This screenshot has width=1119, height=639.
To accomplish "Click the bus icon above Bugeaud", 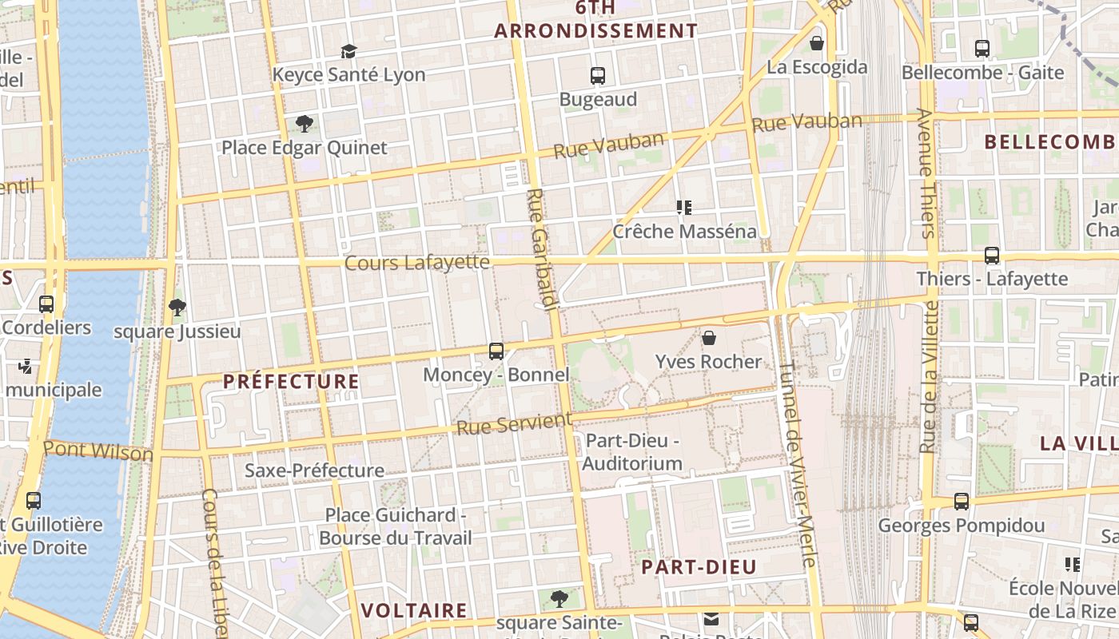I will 597,76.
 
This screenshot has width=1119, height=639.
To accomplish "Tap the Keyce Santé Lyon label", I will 348,75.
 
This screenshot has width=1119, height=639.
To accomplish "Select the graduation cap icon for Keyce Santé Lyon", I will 348,52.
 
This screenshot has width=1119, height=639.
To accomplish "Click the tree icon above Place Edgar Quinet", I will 304,123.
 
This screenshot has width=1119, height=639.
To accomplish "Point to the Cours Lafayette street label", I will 416,262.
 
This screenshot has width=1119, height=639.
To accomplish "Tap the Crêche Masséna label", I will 684,232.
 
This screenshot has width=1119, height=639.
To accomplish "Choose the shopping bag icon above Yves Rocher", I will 708,338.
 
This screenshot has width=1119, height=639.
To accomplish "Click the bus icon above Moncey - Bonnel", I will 496,351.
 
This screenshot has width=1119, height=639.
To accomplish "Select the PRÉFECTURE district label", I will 291,382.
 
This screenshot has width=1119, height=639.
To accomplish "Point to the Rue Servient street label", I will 515,423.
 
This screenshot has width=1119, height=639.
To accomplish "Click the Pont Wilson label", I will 98,450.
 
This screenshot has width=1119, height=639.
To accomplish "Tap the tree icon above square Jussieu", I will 177,307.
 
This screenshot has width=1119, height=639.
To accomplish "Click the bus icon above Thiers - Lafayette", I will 992,256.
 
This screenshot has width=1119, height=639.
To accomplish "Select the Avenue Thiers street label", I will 926,173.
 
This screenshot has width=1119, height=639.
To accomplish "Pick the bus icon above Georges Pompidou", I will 962,502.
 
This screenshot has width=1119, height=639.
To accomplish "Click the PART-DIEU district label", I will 699,567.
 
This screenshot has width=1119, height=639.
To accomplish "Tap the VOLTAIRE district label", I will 414,611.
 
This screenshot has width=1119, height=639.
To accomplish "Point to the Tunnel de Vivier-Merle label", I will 796,463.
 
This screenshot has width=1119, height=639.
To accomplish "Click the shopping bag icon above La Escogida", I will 817,43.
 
